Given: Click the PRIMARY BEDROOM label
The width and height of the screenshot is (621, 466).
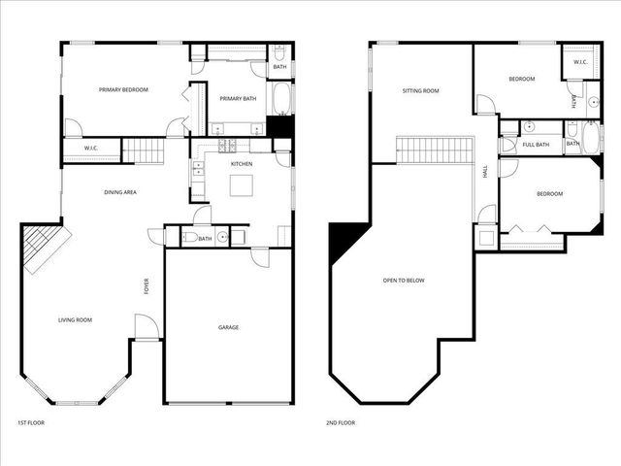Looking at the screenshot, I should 123,90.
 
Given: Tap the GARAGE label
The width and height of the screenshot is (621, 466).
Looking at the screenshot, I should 228,327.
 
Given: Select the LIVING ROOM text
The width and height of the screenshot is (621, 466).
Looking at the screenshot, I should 75,319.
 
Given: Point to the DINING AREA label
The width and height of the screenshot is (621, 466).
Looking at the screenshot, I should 120,192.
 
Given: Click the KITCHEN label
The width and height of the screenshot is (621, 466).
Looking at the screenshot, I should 242,164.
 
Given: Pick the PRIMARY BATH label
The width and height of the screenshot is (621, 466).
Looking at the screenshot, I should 237,98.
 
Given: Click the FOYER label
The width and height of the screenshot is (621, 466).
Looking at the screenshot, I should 147,286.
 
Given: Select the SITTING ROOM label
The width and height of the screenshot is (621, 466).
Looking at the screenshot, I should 421,91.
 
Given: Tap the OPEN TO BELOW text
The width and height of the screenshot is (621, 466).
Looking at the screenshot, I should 404,281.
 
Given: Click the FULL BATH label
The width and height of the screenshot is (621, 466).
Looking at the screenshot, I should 536,145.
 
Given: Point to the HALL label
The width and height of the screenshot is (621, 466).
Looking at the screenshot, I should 485,172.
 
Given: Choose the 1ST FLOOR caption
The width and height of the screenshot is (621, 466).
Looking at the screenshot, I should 31,423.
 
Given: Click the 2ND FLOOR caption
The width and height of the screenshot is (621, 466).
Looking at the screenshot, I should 341,423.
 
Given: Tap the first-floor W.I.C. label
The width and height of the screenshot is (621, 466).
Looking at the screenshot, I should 91,149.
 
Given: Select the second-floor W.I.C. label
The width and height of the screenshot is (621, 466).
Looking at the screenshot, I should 580,63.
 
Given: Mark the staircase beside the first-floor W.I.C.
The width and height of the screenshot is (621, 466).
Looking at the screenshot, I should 145,150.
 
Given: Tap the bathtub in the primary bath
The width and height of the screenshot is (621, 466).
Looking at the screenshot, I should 280,99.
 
